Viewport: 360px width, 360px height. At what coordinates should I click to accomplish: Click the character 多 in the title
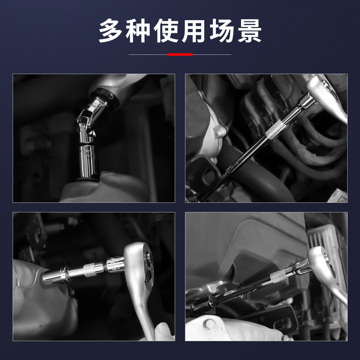pos(112,31)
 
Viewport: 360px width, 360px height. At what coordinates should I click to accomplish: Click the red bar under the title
pos(180,54)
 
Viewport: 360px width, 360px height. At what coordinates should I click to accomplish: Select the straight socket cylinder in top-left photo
pos(89,160)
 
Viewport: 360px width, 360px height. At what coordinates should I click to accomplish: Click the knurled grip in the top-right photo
pos(276,129)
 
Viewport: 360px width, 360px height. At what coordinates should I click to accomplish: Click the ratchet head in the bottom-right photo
pos(325,261)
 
